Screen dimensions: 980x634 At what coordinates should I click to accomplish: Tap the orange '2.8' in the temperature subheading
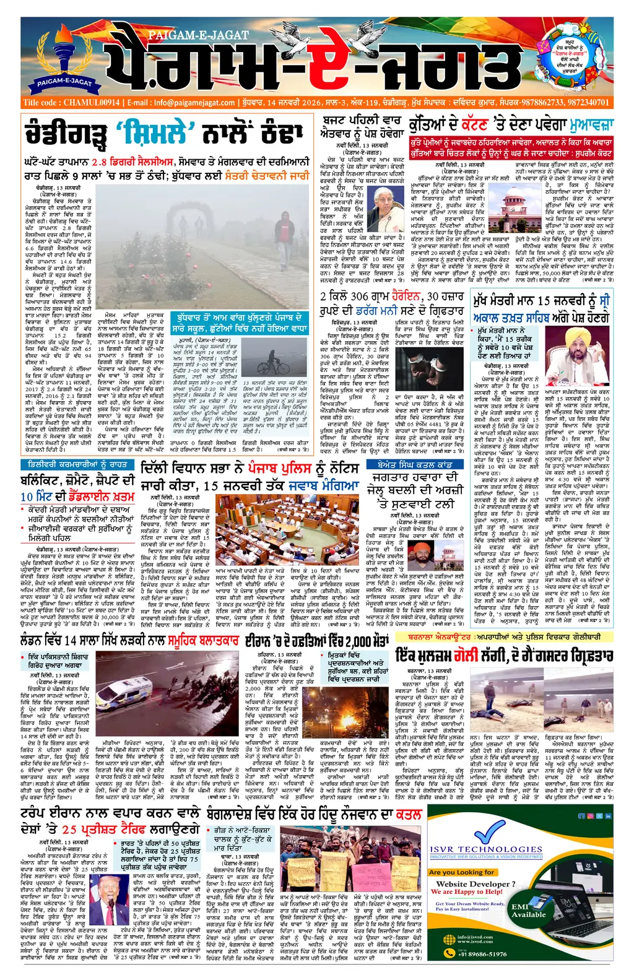point(99,162)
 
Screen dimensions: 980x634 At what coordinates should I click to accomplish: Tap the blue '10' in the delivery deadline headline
point(27,497)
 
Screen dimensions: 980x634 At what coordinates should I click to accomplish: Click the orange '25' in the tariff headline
point(69,830)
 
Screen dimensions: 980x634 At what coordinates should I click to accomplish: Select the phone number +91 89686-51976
point(483,953)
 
